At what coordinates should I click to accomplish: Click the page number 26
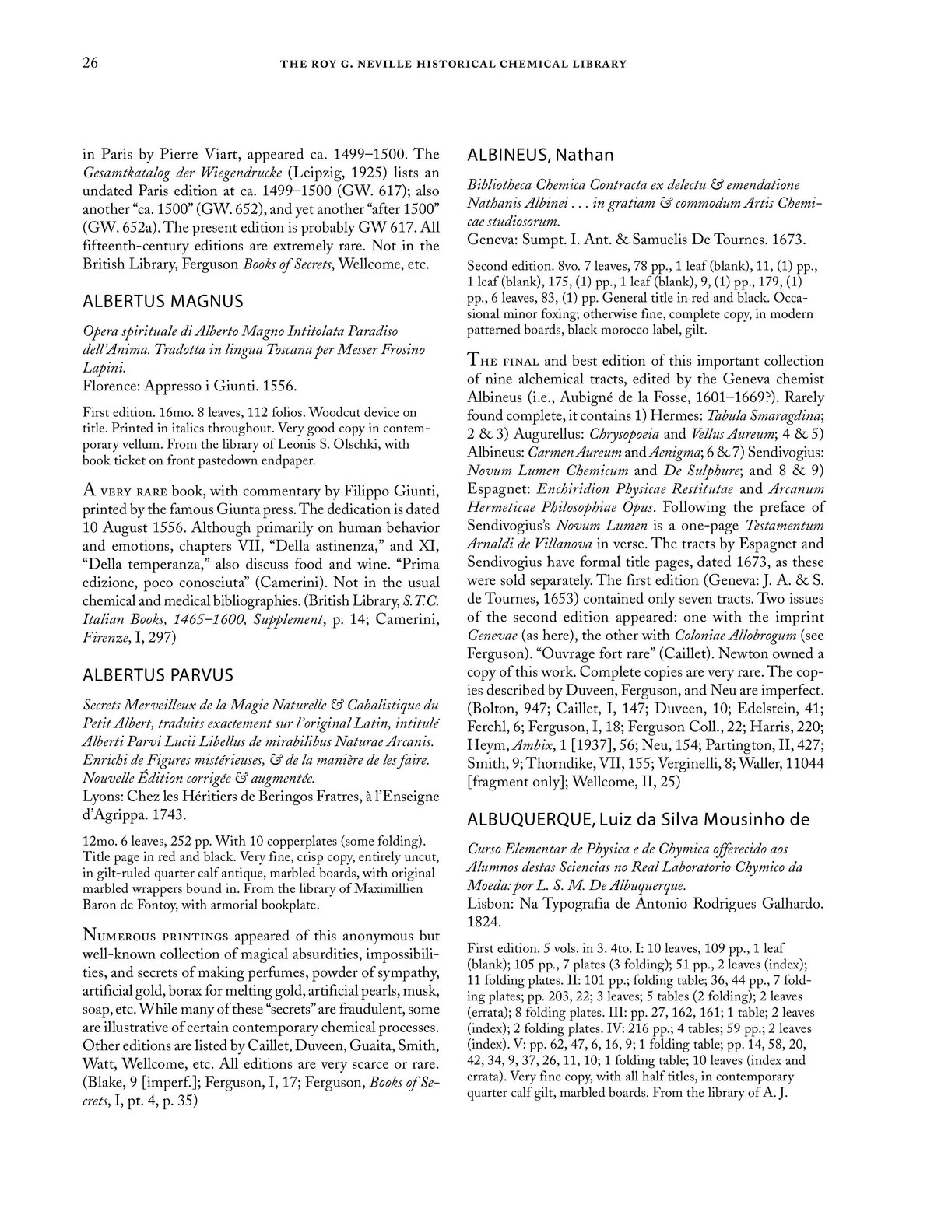(90, 64)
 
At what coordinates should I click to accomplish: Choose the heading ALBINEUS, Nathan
(540, 155)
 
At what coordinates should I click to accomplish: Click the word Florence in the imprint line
(109, 385)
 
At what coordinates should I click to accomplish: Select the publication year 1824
(483, 920)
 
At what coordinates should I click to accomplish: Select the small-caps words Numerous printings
(152, 935)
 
